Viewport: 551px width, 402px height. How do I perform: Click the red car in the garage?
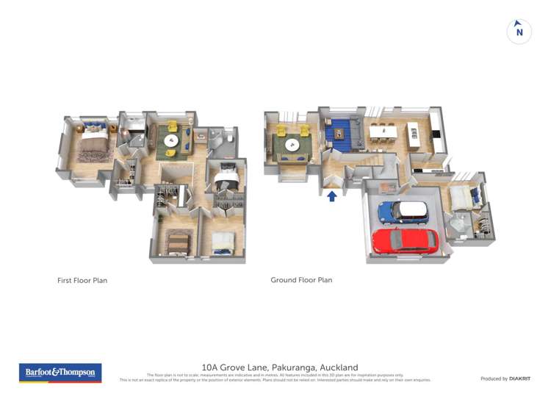[405, 240]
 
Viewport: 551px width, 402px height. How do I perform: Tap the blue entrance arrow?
[332, 196]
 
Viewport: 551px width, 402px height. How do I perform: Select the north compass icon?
[519, 32]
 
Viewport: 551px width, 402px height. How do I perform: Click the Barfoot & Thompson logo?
[60, 373]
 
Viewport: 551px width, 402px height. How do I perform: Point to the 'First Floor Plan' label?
[82, 280]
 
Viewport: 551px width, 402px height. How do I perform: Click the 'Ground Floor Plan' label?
[301, 280]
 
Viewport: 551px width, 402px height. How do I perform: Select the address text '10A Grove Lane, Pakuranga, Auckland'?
[279, 367]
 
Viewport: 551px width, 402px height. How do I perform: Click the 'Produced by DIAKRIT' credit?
[505, 378]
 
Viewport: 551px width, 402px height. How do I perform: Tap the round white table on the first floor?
[171, 140]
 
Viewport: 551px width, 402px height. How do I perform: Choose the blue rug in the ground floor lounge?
[339, 133]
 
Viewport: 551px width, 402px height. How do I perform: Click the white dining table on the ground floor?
[383, 132]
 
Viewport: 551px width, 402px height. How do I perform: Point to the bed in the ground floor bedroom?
[463, 196]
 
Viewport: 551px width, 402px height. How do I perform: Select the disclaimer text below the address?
[275, 378]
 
